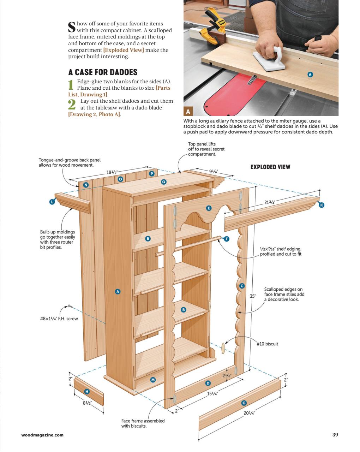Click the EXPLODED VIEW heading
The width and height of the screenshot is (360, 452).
tap(270, 167)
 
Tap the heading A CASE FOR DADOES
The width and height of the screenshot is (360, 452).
tap(103, 72)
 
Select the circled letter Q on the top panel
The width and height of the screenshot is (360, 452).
tap(163, 182)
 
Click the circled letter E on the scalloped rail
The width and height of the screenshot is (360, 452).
tap(209, 208)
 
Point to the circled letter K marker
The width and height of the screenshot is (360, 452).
tap(322, 205)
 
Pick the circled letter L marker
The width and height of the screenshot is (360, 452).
tap(52, 202)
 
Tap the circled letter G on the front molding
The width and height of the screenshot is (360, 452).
tap(244, 403)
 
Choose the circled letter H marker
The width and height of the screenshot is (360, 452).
tap(87, 391)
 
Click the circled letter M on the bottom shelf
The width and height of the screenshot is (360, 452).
tap(153, 380)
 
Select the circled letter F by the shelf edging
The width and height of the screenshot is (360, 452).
tap(227, 239)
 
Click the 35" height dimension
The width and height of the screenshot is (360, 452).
tap(252, 296)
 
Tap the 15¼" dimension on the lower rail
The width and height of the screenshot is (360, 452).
tap(212, 394)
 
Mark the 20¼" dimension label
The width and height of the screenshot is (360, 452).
tap(249, 413)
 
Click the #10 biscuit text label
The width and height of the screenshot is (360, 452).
tap(267, 344)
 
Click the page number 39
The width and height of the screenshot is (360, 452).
tap(335, 435)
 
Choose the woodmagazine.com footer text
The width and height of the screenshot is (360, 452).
tap(42, 435)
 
